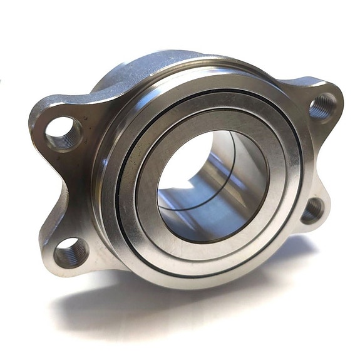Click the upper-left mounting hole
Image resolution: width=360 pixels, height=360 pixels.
(63, 132)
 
